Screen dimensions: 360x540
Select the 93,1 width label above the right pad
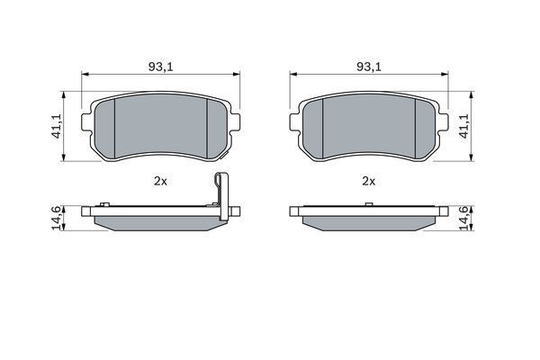[367, 66]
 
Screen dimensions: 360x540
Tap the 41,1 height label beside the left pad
[56, 126]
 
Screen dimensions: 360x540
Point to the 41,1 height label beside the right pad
[464, 126]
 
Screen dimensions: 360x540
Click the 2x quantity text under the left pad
[160, 181]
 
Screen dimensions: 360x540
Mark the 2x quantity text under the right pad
[367, 181]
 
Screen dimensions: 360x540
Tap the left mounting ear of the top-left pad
[87, 121]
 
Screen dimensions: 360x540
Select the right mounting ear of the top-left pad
[237, 121]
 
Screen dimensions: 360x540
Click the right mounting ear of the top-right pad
[443, 121]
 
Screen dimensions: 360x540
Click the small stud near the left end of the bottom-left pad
[104, 204]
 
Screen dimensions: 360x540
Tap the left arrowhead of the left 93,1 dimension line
[85, 75]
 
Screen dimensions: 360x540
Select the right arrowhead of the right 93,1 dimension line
[445, 75]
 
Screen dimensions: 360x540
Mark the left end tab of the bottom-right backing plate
[294, 213]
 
